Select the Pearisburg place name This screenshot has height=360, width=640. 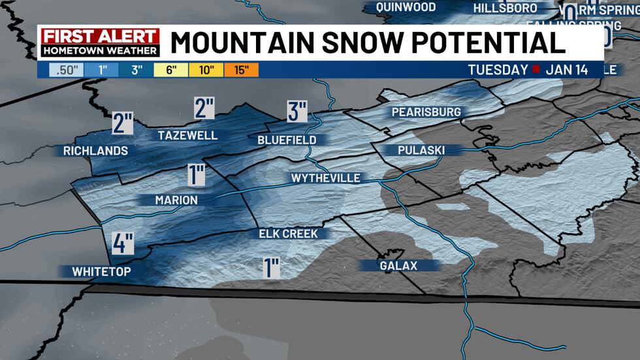click(x=426, y=112)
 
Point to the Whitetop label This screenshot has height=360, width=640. click(x=101, y=271)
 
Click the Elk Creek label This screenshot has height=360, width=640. click(x=287, y=233)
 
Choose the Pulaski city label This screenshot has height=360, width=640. click(x=421, y=150)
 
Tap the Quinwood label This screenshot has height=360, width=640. click(x=406, y=7)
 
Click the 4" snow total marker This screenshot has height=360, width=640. click(x=122, y=244)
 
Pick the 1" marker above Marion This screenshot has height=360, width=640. click(x=195, y=175)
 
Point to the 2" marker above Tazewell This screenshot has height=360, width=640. click(x=204, y=108)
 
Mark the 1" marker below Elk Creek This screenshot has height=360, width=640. click(x=272, y=267)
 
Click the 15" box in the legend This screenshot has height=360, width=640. click(x=241, y=69)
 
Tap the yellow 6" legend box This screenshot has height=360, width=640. click(x=172, y=69)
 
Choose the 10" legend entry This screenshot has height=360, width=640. click(x=206, y=69)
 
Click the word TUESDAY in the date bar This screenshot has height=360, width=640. click(x=498, y=69)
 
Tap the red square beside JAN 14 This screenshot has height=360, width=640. click(x=537, y=69)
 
